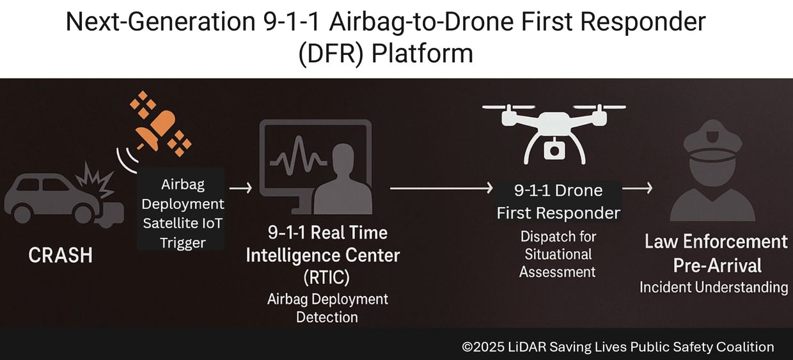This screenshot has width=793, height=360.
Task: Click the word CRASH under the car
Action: point(61,255)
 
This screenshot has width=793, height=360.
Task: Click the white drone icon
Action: point(554,134)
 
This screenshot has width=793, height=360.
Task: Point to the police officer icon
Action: point(712,171)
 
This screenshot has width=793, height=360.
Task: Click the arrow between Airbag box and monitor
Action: point(240,187)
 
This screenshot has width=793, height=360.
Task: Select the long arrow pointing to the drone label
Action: point(441,189)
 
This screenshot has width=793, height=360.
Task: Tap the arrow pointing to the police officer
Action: point(637,189)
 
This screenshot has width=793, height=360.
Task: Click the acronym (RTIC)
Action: point(326,277)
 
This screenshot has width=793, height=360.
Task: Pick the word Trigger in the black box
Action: point(183,243)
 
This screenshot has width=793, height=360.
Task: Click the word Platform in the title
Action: point(422,54)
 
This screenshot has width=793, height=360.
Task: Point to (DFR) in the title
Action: point(331,54)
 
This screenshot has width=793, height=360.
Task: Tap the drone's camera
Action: point(554,150)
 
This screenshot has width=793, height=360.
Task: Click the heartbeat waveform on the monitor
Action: point(298,157)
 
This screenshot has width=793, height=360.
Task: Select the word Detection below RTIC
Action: point(327,317)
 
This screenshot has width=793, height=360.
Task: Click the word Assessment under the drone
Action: point(557,272)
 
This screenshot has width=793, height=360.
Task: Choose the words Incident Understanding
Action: point(714,288)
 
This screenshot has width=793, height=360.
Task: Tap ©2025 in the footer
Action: point(483,347)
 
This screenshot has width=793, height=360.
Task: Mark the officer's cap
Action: point(712,140)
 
